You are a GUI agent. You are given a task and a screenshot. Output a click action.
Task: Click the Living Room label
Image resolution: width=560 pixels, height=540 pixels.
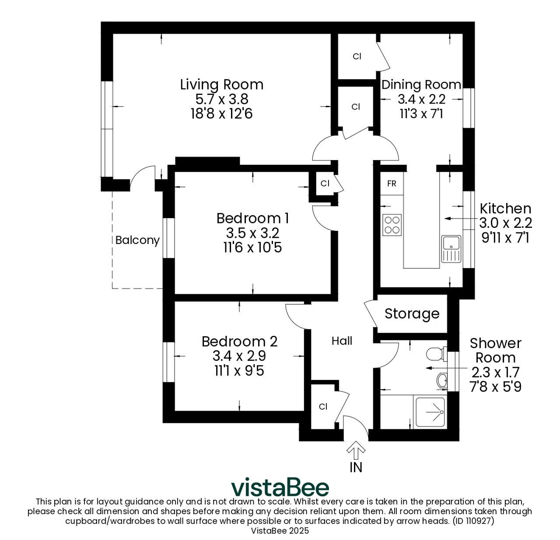click(x=221, y=84)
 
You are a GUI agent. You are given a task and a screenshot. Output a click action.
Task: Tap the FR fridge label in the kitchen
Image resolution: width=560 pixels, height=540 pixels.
click(x=392, y=184)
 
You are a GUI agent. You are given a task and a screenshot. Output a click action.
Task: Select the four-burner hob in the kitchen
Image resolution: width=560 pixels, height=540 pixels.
click(x=392, y=225)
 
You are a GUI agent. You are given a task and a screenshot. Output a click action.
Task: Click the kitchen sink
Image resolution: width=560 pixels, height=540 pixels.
click(x=451, y=249)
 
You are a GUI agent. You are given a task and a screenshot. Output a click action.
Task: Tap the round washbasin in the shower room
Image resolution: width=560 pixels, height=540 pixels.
click(x=442, y=380)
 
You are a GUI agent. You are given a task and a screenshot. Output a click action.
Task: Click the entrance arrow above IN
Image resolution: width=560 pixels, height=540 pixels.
click(x=356, y=450)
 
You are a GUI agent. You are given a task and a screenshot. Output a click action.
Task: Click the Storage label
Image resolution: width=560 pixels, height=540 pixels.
click(x=412, y=314)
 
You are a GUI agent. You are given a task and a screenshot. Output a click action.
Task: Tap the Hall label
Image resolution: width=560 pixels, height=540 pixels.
click(x=342, y=341)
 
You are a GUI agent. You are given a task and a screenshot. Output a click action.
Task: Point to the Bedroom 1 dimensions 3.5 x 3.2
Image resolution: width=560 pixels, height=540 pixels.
click(x=252, y=233)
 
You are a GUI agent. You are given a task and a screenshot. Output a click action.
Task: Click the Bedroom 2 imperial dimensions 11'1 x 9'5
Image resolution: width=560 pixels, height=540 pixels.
click(x=239, y=371)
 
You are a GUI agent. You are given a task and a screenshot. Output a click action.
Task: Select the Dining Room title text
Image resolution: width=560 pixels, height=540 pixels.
click(x=421, y=84)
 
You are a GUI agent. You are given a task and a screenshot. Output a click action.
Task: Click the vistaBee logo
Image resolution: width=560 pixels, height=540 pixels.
click(x=280, y=488)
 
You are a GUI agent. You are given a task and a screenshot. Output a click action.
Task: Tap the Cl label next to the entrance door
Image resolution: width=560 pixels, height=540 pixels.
click(x=323, y=407)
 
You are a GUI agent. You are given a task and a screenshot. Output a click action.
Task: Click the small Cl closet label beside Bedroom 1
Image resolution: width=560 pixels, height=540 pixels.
click(x=325, y=184)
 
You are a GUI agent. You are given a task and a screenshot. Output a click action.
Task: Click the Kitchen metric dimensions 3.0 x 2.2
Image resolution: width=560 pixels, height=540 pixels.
click(x=505, y=223)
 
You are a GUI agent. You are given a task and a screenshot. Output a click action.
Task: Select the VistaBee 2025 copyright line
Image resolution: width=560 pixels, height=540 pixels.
click(x=280, y=531)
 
